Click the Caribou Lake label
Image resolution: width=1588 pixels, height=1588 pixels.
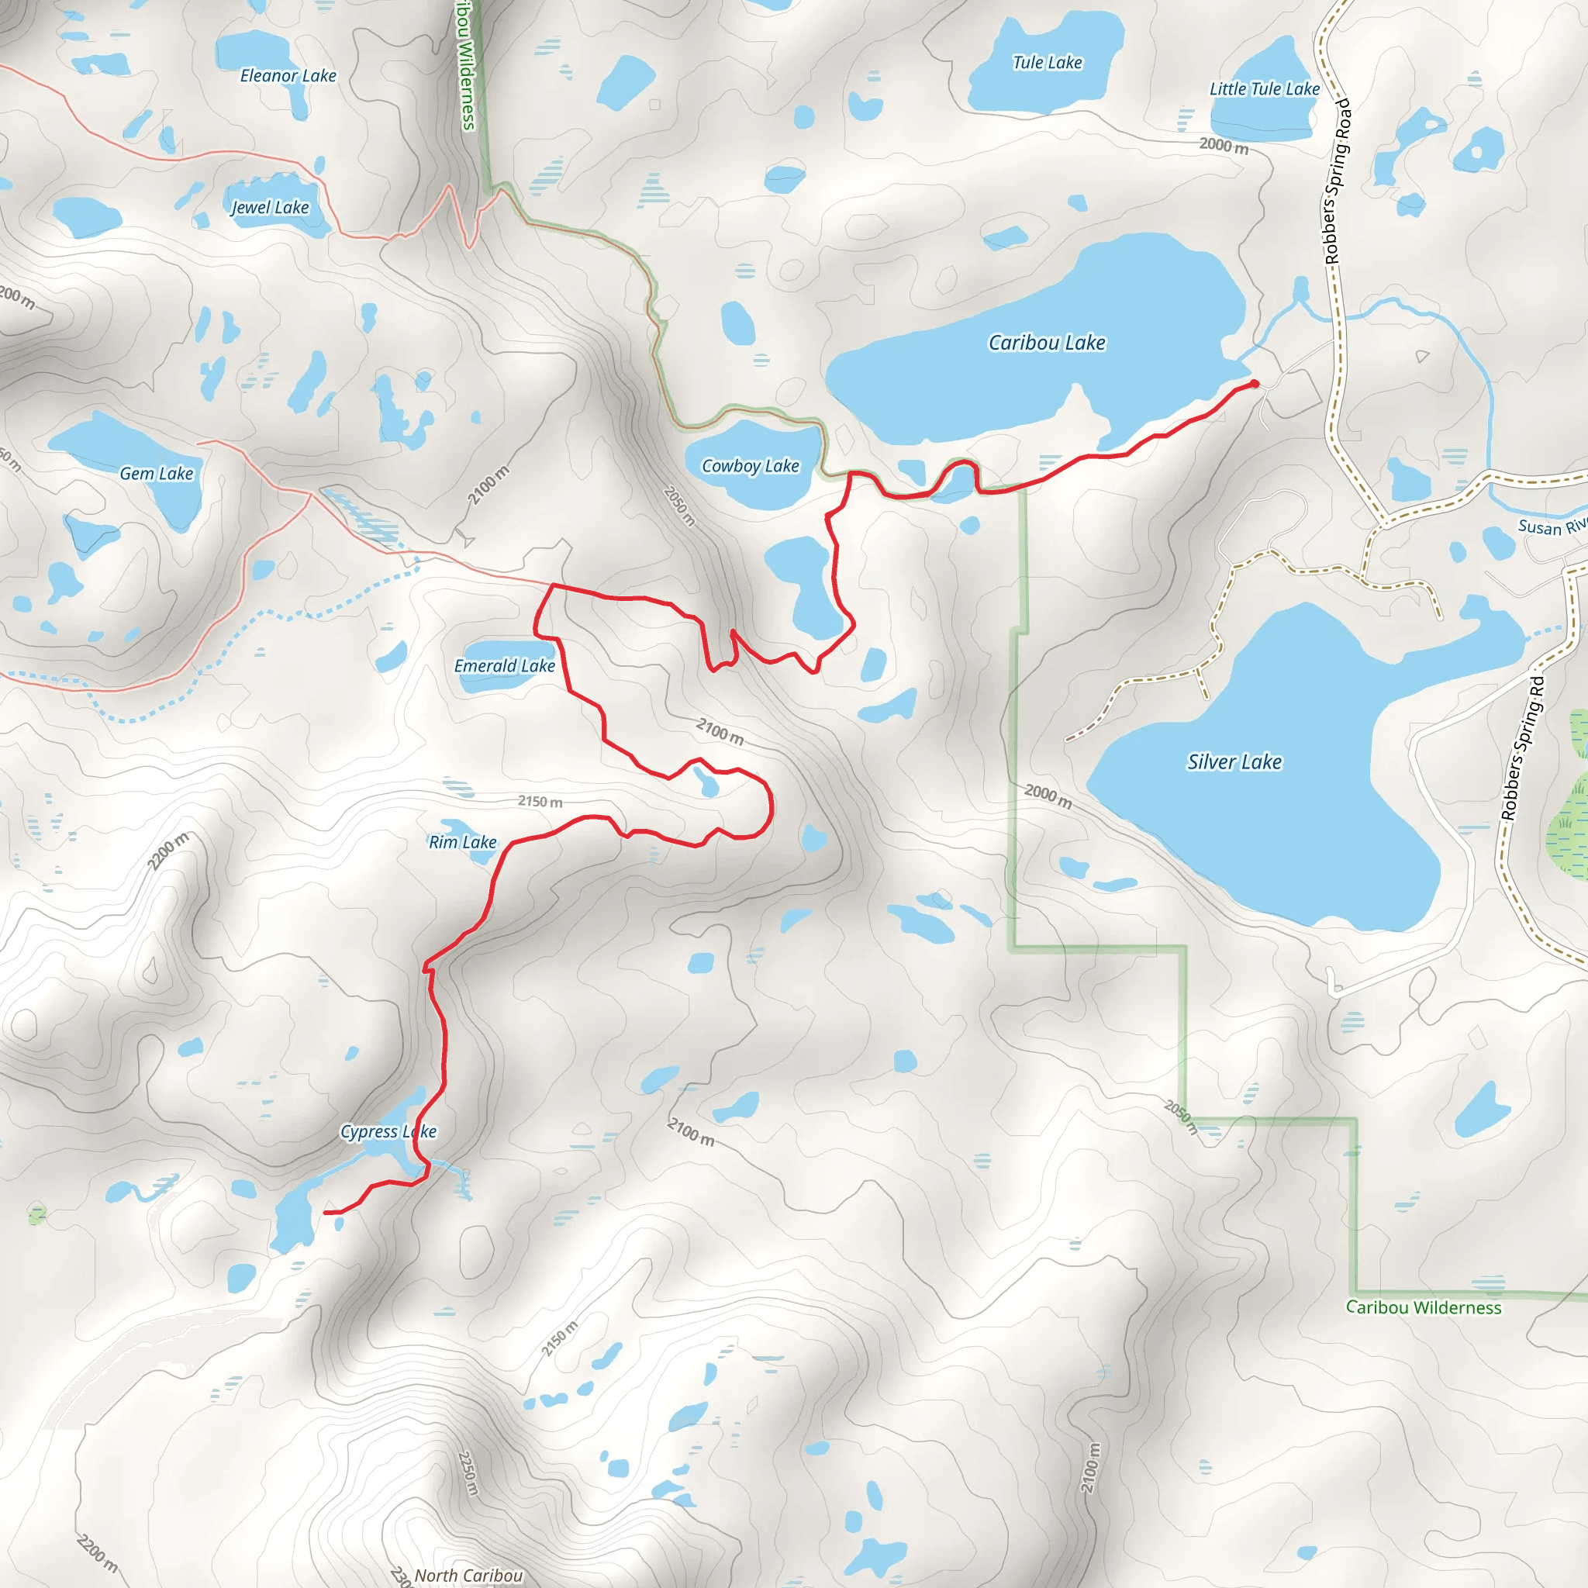click(1046, 343)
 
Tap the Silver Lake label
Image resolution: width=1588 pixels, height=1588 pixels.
click(1234, 762)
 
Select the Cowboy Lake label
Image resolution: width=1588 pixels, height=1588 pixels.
click(750, 466)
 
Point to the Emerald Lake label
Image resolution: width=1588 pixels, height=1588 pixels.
click(505, 666)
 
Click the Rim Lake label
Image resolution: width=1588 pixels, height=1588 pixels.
click(462, 841)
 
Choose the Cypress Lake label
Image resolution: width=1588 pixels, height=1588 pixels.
click(388, 1132)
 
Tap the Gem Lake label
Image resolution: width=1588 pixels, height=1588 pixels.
click(156, 474)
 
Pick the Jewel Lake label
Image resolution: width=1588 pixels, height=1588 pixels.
click(270, 207)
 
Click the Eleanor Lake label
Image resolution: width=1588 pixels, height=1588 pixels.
click(288, 76)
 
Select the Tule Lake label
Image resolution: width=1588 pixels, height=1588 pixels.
click(1047, 63)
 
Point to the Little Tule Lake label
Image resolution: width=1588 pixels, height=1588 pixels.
click(1264, 88)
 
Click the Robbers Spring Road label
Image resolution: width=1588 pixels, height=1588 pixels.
click(1338, 181)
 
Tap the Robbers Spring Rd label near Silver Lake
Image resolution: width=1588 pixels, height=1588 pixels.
click(1523, 748)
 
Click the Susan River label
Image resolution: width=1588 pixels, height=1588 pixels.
click(1551, 526)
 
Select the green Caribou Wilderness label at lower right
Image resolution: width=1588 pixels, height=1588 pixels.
click(1423, 1307)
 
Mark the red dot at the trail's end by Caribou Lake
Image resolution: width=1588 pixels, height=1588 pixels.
click(1255, 384)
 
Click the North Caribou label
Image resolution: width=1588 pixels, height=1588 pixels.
click(468, 1575)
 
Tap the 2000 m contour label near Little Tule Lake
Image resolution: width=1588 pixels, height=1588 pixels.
click(1223, 146)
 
